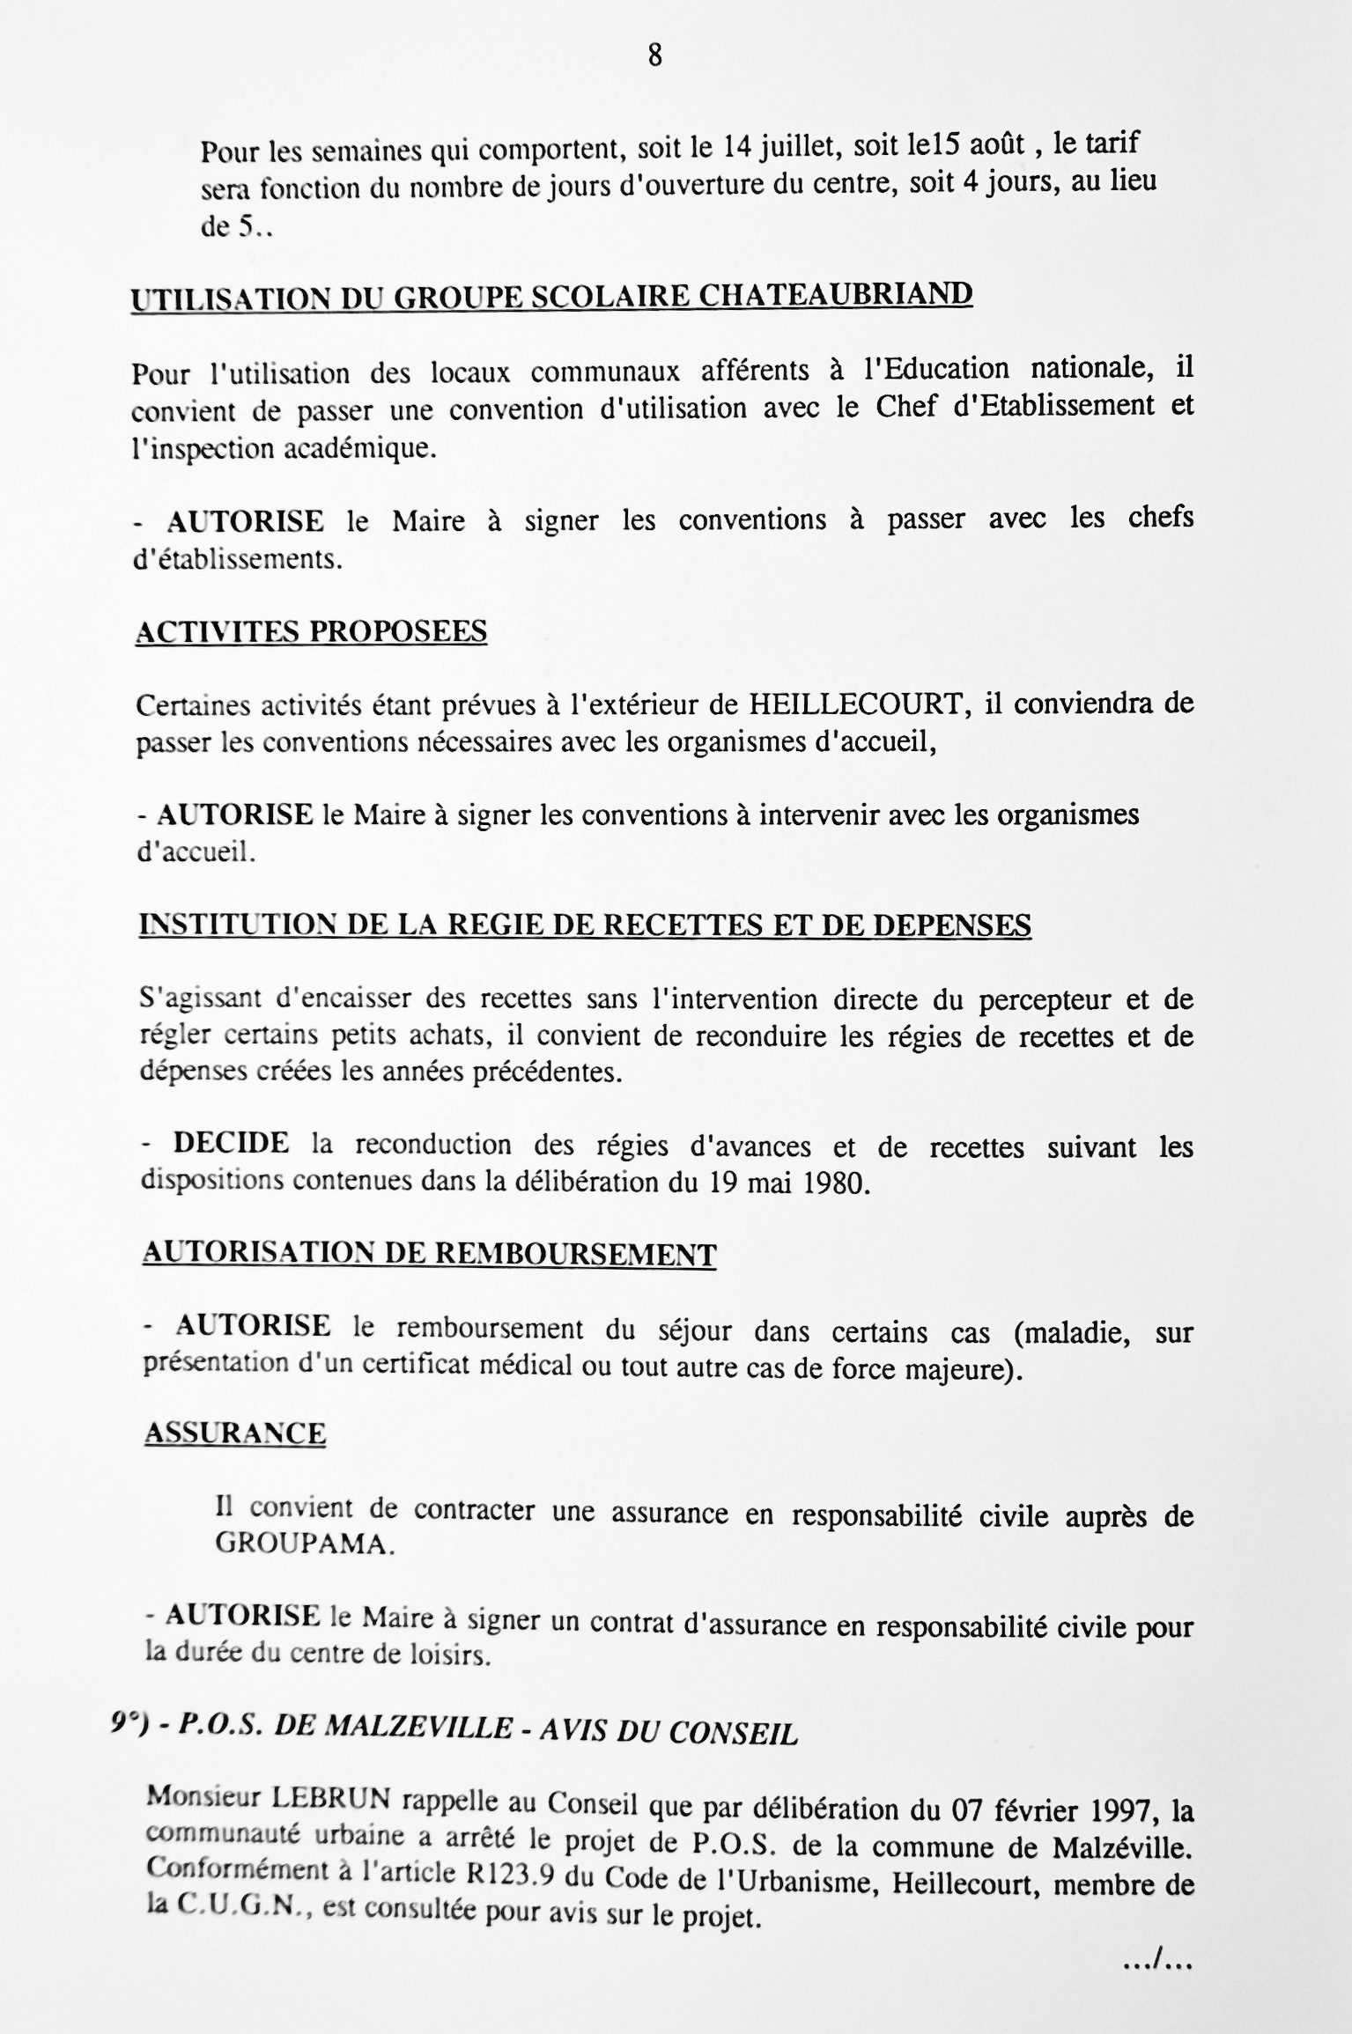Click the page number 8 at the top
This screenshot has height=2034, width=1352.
(654, 56)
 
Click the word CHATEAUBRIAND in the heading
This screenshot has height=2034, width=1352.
(835, 293)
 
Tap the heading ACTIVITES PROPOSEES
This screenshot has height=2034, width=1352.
(311, 631)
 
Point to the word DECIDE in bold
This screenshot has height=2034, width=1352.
(231, 1143)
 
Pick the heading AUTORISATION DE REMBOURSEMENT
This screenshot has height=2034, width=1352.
(429, 1253)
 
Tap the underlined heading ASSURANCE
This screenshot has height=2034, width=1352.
(235, 1433)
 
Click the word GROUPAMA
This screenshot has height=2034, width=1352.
(303, 1547)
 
